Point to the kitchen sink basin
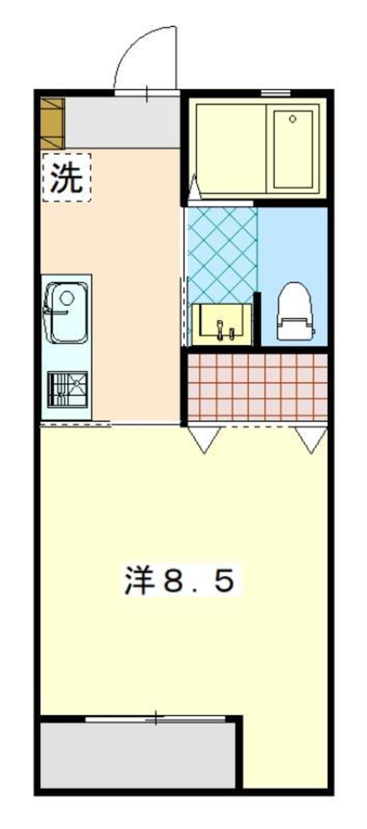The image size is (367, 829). [69, 312]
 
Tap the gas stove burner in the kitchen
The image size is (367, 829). [67, 389]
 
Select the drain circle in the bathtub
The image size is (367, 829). [292, 118]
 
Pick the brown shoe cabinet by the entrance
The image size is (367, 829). [52, 124]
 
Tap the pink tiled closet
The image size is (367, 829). [257, 387]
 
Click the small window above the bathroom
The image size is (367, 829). [275, 92]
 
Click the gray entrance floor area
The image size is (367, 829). [122, 123]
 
